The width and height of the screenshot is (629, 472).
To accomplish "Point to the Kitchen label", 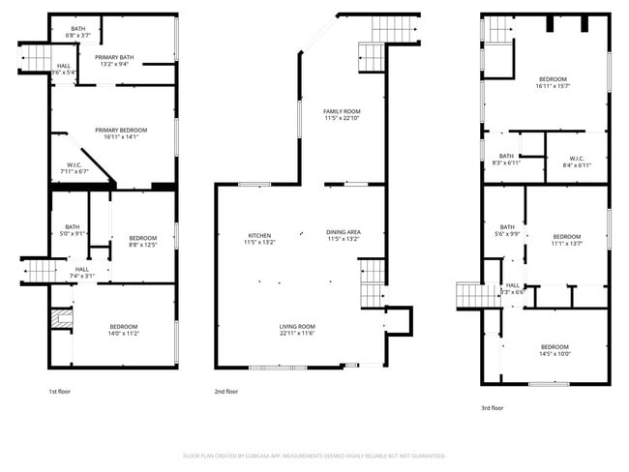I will [x=259, y=235].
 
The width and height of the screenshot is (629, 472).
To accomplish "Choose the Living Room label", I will [x=298, y=330].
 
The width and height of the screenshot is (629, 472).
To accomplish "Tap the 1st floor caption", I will [x=59, y=392].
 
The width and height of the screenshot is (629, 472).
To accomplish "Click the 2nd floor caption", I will [x=225, y=392].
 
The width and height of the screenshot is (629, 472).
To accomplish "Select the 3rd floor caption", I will [x=493, y=408].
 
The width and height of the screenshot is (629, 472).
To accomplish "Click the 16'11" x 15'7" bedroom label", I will [x=552, y=82].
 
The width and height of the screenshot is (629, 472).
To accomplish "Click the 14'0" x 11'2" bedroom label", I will [x=123, y=329].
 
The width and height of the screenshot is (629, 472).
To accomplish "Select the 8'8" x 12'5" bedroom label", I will [x=143, y=241].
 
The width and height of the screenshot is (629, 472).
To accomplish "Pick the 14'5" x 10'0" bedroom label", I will [x=554, y=350].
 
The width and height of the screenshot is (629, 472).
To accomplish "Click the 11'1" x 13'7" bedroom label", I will [x=567, y=240].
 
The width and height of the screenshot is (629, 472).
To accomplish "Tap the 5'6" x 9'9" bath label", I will [x=506, y=230].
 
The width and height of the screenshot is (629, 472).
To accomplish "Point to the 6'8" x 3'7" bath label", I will [x=77, y=32].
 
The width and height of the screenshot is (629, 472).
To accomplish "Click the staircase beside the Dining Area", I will [x=374, y=287].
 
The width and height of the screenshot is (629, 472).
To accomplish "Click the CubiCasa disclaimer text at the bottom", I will [x=314, y=455].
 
